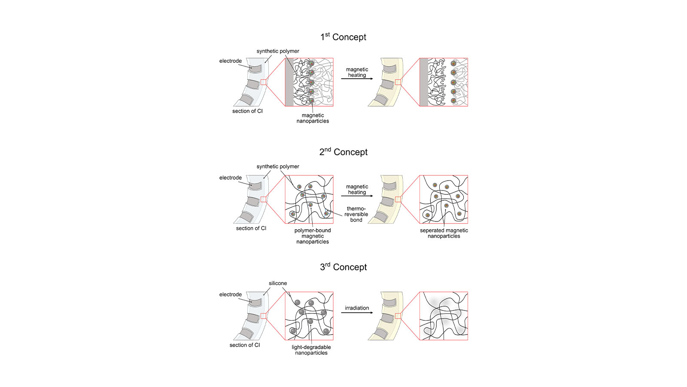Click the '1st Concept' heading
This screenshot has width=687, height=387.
343,37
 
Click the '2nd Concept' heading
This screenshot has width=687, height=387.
343,152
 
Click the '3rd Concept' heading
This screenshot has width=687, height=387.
343,267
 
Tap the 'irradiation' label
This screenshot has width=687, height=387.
357,308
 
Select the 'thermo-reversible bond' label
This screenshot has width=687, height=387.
356,214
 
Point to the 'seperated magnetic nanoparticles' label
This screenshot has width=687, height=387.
444,233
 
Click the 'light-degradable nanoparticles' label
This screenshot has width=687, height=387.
311,350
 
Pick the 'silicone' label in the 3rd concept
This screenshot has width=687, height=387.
278,283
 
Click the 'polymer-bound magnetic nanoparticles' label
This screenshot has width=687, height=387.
313,236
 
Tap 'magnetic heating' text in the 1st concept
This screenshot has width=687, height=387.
357,72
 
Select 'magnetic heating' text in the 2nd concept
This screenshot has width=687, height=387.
357,190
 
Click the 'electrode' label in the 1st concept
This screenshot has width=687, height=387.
231,61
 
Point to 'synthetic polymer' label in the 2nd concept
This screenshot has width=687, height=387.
278,166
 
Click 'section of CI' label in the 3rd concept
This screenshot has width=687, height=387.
245,345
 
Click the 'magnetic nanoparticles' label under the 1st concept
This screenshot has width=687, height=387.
313,118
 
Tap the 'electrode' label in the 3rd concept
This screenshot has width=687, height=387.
231,295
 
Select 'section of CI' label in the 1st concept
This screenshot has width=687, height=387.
247,111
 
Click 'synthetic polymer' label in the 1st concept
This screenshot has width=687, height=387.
278,51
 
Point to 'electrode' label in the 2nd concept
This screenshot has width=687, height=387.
231,178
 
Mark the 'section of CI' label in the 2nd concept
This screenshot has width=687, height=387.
251,228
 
